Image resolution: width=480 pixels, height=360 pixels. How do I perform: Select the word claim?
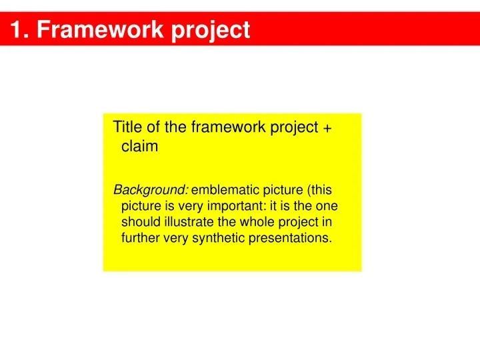139,147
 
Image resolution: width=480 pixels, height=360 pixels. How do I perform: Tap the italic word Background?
151,190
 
